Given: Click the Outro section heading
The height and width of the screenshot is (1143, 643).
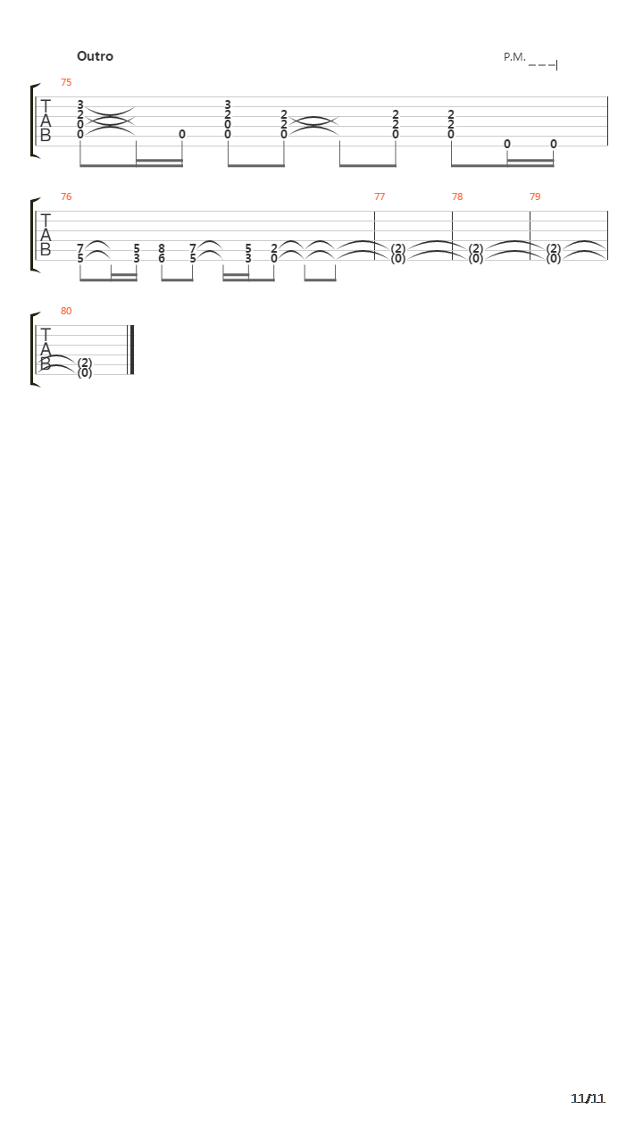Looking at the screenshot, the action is click(95, 56).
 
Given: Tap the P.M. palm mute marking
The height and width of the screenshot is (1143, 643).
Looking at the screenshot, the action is click(514, 57).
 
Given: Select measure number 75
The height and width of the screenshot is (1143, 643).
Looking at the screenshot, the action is click(66, 82).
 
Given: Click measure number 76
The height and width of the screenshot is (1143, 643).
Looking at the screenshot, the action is click(66, 196).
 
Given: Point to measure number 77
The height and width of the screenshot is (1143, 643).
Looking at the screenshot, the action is click(380, 196).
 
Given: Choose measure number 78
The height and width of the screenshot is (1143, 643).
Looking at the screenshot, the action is click(457, 196).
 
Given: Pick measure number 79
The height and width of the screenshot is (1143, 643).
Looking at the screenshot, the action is click(535, 196).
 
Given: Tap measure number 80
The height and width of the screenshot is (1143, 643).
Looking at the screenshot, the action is click(66, 311).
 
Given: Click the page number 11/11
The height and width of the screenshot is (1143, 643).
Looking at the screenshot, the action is click(588, 1098).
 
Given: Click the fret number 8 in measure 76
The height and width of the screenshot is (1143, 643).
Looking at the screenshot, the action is click(162, 248).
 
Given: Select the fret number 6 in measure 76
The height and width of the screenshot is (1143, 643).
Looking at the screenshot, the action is click(162, 259).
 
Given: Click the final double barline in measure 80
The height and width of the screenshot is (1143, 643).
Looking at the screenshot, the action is click(130, 349).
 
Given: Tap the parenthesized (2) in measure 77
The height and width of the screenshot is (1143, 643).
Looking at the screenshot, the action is click(398, 248).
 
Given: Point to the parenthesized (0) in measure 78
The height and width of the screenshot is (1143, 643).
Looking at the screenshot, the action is click(476, 259).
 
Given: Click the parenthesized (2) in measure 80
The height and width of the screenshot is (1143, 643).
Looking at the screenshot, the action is click(85, 363).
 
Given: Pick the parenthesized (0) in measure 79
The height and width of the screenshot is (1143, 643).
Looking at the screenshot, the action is click(554, 259).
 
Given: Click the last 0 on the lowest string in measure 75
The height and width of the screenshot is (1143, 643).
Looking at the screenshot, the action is click(554, 144).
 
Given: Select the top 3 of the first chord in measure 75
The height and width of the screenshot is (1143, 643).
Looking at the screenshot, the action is click(80, 104).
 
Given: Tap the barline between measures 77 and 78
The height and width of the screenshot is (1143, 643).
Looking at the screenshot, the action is click(453, 235).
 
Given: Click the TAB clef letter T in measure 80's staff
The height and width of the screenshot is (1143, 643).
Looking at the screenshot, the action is click(46, 335).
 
